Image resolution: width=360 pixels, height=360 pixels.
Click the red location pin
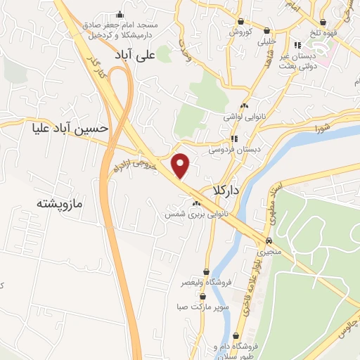coord(181,165)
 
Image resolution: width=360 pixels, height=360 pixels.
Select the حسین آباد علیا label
coord(70,129)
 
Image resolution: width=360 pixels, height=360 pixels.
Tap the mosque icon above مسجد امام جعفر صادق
coord(120,15)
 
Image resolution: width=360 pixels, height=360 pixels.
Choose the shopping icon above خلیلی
coord(267,31)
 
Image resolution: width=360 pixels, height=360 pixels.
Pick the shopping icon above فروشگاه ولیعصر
coord(206,271)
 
